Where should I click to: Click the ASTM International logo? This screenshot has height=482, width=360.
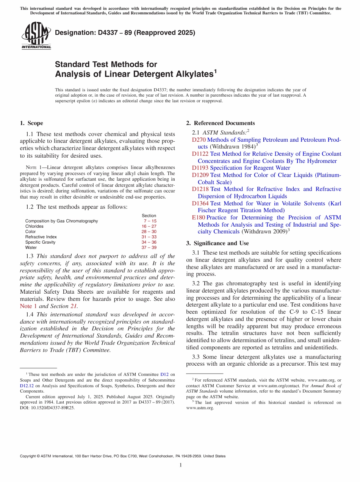(x=36, y=36)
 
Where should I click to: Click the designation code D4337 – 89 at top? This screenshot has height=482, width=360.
(x=125, y=33)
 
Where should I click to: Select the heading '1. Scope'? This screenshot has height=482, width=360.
(x=31, y=123)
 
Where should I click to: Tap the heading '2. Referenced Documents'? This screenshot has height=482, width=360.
(x=221, y=123)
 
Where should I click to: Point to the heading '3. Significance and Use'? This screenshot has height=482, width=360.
(x=218, y=243)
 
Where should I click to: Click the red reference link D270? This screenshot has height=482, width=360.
(x=199, y=140)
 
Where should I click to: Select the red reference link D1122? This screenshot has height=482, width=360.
(x=200, y=154)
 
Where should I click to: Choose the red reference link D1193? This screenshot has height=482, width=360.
(x=200, y=168)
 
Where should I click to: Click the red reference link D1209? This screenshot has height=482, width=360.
(x=200, y=175)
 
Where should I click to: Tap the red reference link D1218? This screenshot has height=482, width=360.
(x=200, y=189)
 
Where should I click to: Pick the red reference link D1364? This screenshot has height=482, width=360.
(x=200, y=203)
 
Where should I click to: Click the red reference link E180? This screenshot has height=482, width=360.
(x=199, y=218)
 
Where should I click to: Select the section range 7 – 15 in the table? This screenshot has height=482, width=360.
(x=150, y=221)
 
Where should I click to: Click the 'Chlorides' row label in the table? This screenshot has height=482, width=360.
(x=34, y=226)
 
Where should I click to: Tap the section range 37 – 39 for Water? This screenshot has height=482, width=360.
(x=149, y=247)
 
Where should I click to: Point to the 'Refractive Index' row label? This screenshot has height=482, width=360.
(x=41, y=237)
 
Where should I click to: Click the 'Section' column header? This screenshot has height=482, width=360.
(x=149, y=216)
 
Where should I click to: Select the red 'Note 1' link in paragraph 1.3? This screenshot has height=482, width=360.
(x=26, y=306)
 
